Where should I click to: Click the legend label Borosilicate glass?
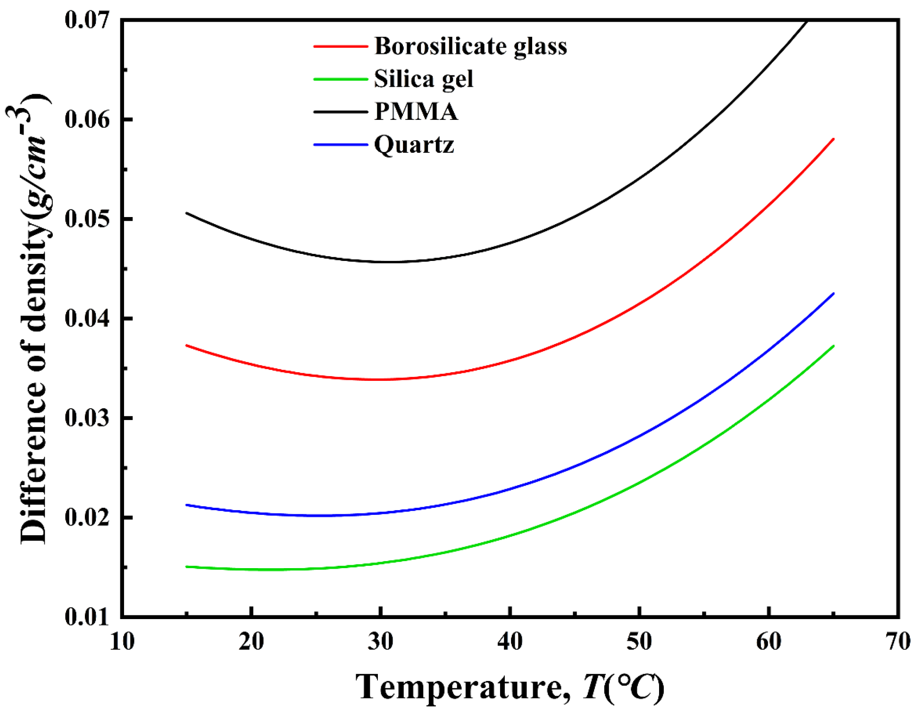pos(470,46)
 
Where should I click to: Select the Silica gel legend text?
pos(423,79)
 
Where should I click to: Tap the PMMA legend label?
pos(416,112)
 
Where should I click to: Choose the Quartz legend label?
pos(414,144)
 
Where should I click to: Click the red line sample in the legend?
pos(341,46)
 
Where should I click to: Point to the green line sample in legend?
pos(341,79)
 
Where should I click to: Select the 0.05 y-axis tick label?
pos(87,219)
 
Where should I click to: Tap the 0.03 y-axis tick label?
pos(87,418)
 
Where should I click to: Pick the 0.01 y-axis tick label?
pos(87,617)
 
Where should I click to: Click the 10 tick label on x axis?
pos(122,642)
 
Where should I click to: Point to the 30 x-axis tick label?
pos(381,642)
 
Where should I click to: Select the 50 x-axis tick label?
pos(639,642)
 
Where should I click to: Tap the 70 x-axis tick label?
pos(898,642)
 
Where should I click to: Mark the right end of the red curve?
pos(834,139)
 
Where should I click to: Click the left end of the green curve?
pos(187,566)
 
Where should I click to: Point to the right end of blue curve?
pos(834,294)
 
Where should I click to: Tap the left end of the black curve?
pos(187,213)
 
